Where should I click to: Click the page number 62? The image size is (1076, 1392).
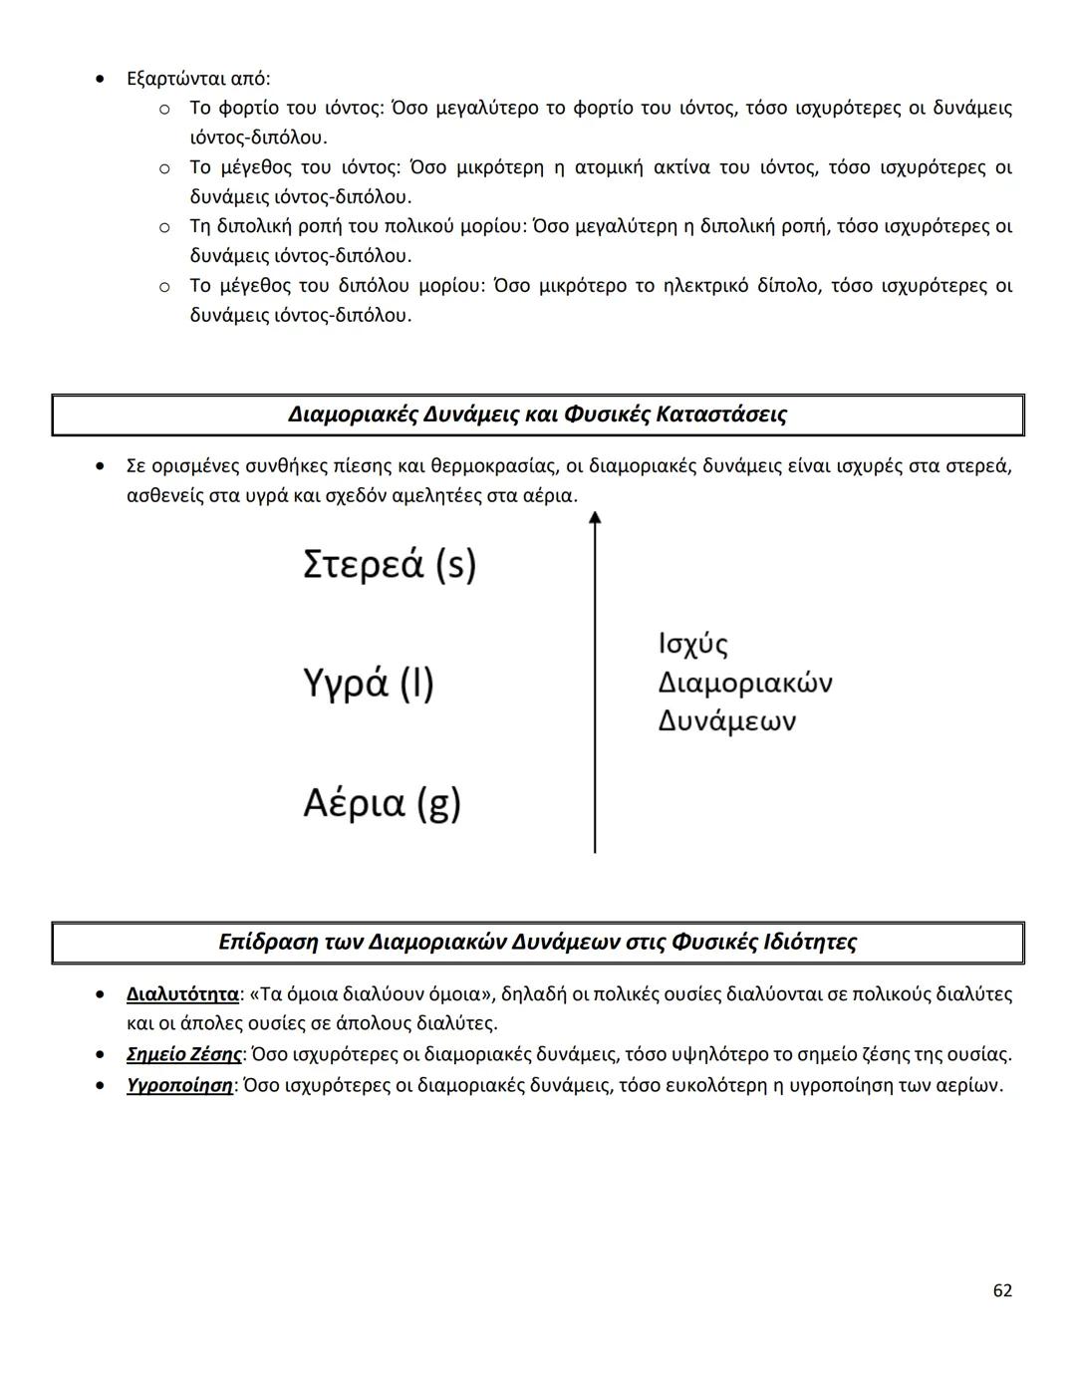click(1002, 1290)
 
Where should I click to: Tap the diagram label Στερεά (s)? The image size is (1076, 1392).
click(390, 564)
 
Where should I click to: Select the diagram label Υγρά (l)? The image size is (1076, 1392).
click(369, 684)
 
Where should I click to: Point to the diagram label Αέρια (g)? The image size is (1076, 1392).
click(382, 803)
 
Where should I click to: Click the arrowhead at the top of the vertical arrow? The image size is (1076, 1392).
click(595, 518)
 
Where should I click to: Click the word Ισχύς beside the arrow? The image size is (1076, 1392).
click(692, 644)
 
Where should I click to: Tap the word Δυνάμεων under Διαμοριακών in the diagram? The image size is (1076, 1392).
click(726, 720)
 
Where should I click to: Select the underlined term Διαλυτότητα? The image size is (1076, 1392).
click(182, 993)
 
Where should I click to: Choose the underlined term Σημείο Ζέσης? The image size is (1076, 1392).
click(184, 1054)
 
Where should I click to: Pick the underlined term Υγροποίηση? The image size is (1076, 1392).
click(179, 1085)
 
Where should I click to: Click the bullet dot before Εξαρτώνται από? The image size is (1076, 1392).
click(100, 78)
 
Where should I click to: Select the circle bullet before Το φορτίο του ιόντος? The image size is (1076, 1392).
click(164, 108)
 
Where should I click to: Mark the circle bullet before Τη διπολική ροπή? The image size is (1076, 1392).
click(164, 227)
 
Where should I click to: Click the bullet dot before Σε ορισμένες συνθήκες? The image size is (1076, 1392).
click(100, 465)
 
